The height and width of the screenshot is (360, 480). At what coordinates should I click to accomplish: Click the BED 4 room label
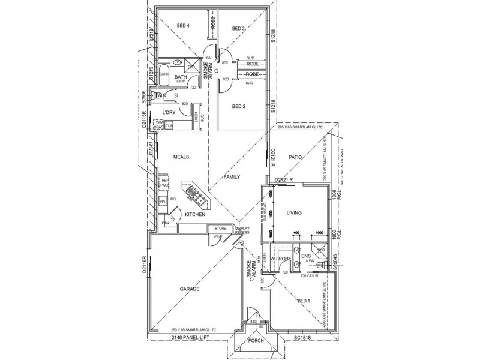[x=183, y=26]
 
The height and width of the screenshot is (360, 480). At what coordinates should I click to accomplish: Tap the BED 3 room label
[x=238, y=28]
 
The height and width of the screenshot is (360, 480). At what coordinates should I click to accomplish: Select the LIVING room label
[x=293, y=213]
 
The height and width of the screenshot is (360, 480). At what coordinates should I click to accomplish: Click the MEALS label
[x=181, y=157]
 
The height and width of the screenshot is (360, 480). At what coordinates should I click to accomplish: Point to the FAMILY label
[x=231, y=178]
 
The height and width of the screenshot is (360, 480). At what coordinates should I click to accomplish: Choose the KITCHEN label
[x=196, y=215]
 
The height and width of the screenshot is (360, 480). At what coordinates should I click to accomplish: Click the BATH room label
[x=181, y=77]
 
